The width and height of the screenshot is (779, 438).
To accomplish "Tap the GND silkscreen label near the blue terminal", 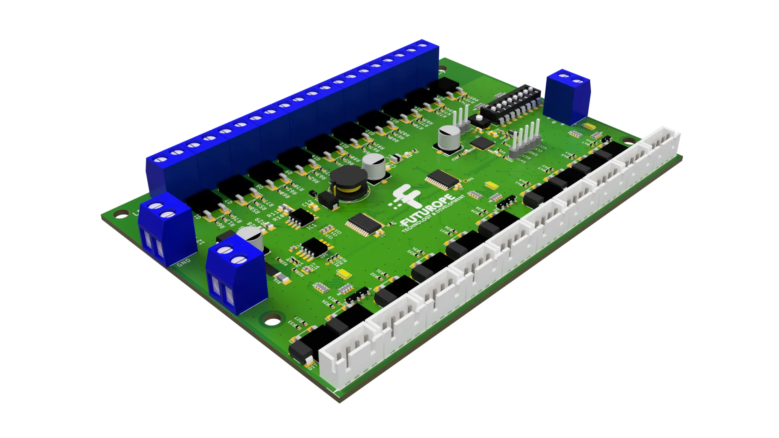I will (x=184, y=262).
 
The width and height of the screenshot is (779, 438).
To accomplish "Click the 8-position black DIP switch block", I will (x=510, y=103).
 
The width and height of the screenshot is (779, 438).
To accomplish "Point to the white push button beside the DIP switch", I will (x=479, y=118).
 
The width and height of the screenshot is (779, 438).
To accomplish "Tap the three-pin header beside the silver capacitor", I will (x=462, y=118).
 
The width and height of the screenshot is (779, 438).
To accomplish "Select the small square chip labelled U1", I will (x=482, y=143).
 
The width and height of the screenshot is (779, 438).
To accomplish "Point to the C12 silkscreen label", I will (x=308, y=202).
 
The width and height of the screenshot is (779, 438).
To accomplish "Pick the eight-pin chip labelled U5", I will (x=312, y=248).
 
